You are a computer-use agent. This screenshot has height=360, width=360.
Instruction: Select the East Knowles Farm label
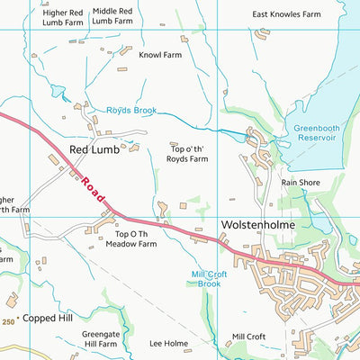click(x=286, y=14)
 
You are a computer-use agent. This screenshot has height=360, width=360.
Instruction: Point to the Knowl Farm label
click(x=160, y=54)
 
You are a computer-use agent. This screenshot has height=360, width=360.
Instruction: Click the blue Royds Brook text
click(x=131, y=111)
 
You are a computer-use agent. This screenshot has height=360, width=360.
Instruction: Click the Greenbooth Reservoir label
click(x=316, y=133)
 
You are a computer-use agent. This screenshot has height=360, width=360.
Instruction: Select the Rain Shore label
click(x=301, y=182)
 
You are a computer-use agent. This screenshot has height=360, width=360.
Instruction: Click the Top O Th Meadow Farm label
click(x=130, y=238)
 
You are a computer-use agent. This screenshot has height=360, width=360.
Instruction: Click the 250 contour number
click(x=9, y=321)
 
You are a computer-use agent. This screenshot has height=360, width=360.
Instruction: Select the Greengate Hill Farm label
click(x=100, y=338)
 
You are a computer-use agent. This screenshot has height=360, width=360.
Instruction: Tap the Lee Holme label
click(x=168, y=343)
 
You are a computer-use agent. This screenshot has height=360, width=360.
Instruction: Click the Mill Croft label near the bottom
click(x=248, y=337)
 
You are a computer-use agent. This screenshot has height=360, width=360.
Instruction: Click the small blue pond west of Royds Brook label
click(x=58, y=92)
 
